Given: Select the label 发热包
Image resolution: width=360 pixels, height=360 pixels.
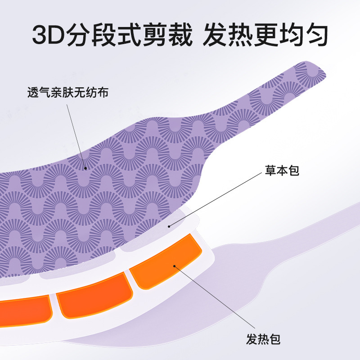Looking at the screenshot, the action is [x=263, y=338].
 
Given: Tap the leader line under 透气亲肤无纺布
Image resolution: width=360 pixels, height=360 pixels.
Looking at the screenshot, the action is [x=76, y=135].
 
